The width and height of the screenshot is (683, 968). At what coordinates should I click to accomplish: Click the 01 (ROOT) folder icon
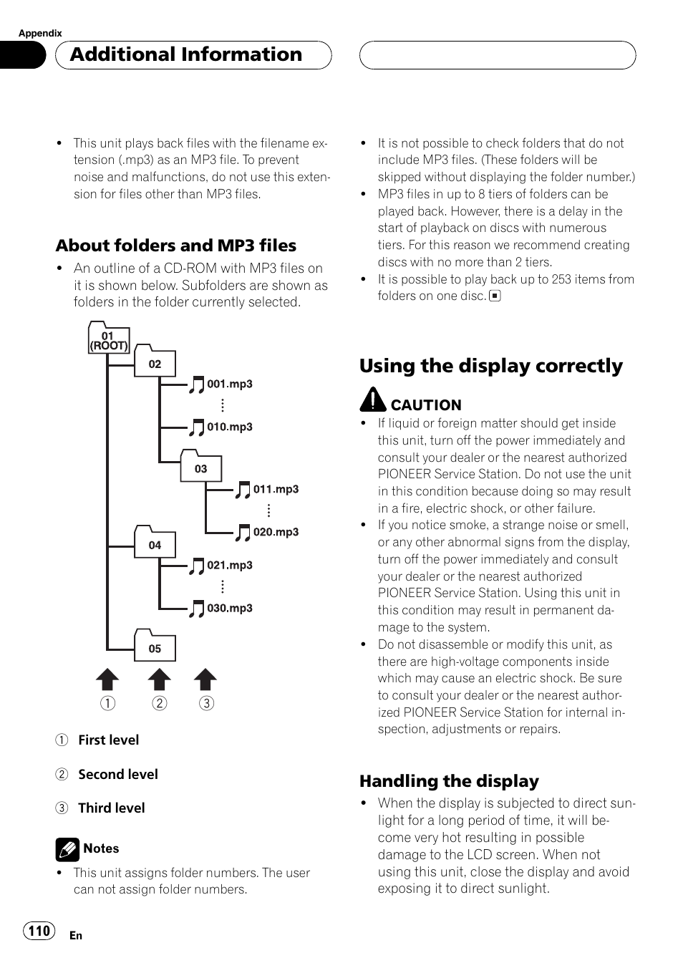click(x=108, y=338)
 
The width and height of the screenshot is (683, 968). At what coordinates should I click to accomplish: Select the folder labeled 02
click(x=155, y=363)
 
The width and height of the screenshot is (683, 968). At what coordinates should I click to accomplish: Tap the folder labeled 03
click(x=200, y=468)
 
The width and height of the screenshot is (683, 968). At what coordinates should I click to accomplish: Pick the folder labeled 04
click(x=155, y=544)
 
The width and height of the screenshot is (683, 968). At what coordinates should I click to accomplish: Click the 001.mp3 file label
click(x=230, y=384)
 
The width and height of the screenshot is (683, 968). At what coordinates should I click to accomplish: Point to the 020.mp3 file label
click(x=276, y=532)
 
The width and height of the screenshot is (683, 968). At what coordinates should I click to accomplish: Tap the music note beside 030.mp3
click(x=196, y=609)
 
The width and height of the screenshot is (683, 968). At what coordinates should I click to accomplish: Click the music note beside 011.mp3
click(x=243, y=490)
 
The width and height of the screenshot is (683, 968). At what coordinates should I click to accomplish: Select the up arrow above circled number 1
click(x=107, y=679)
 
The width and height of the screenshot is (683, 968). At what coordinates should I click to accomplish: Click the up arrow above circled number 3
click(x=205, y=679)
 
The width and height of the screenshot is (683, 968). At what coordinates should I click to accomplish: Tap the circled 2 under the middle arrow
click(x=160, y=703)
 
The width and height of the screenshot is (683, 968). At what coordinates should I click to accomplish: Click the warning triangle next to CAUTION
click(x=372, y=400)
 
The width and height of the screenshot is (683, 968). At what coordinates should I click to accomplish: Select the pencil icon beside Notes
click(x=67, y=849)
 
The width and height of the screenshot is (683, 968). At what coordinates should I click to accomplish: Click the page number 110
click(x=39, y=931)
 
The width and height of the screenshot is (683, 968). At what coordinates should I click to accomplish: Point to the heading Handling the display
click(x=449, y=781)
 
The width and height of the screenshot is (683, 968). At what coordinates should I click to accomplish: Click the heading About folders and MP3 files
click(x=176, y=246)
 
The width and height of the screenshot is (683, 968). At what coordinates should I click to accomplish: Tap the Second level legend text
click(x=118, y=774)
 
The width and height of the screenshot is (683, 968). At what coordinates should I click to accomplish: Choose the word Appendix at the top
click(x=40, y=33)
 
